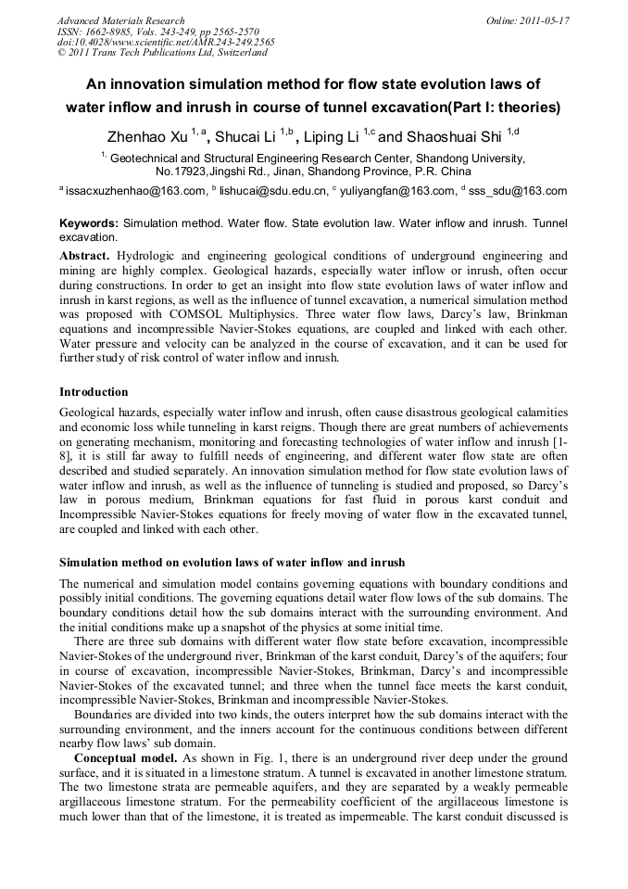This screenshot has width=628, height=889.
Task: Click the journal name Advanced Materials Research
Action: [x=120, y=19]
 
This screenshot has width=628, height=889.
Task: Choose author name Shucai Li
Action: [x=249, y=137]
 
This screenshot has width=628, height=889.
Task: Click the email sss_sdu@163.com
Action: [x=518, y=191]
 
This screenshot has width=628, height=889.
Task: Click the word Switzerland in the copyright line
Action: [x=236, y=53]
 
